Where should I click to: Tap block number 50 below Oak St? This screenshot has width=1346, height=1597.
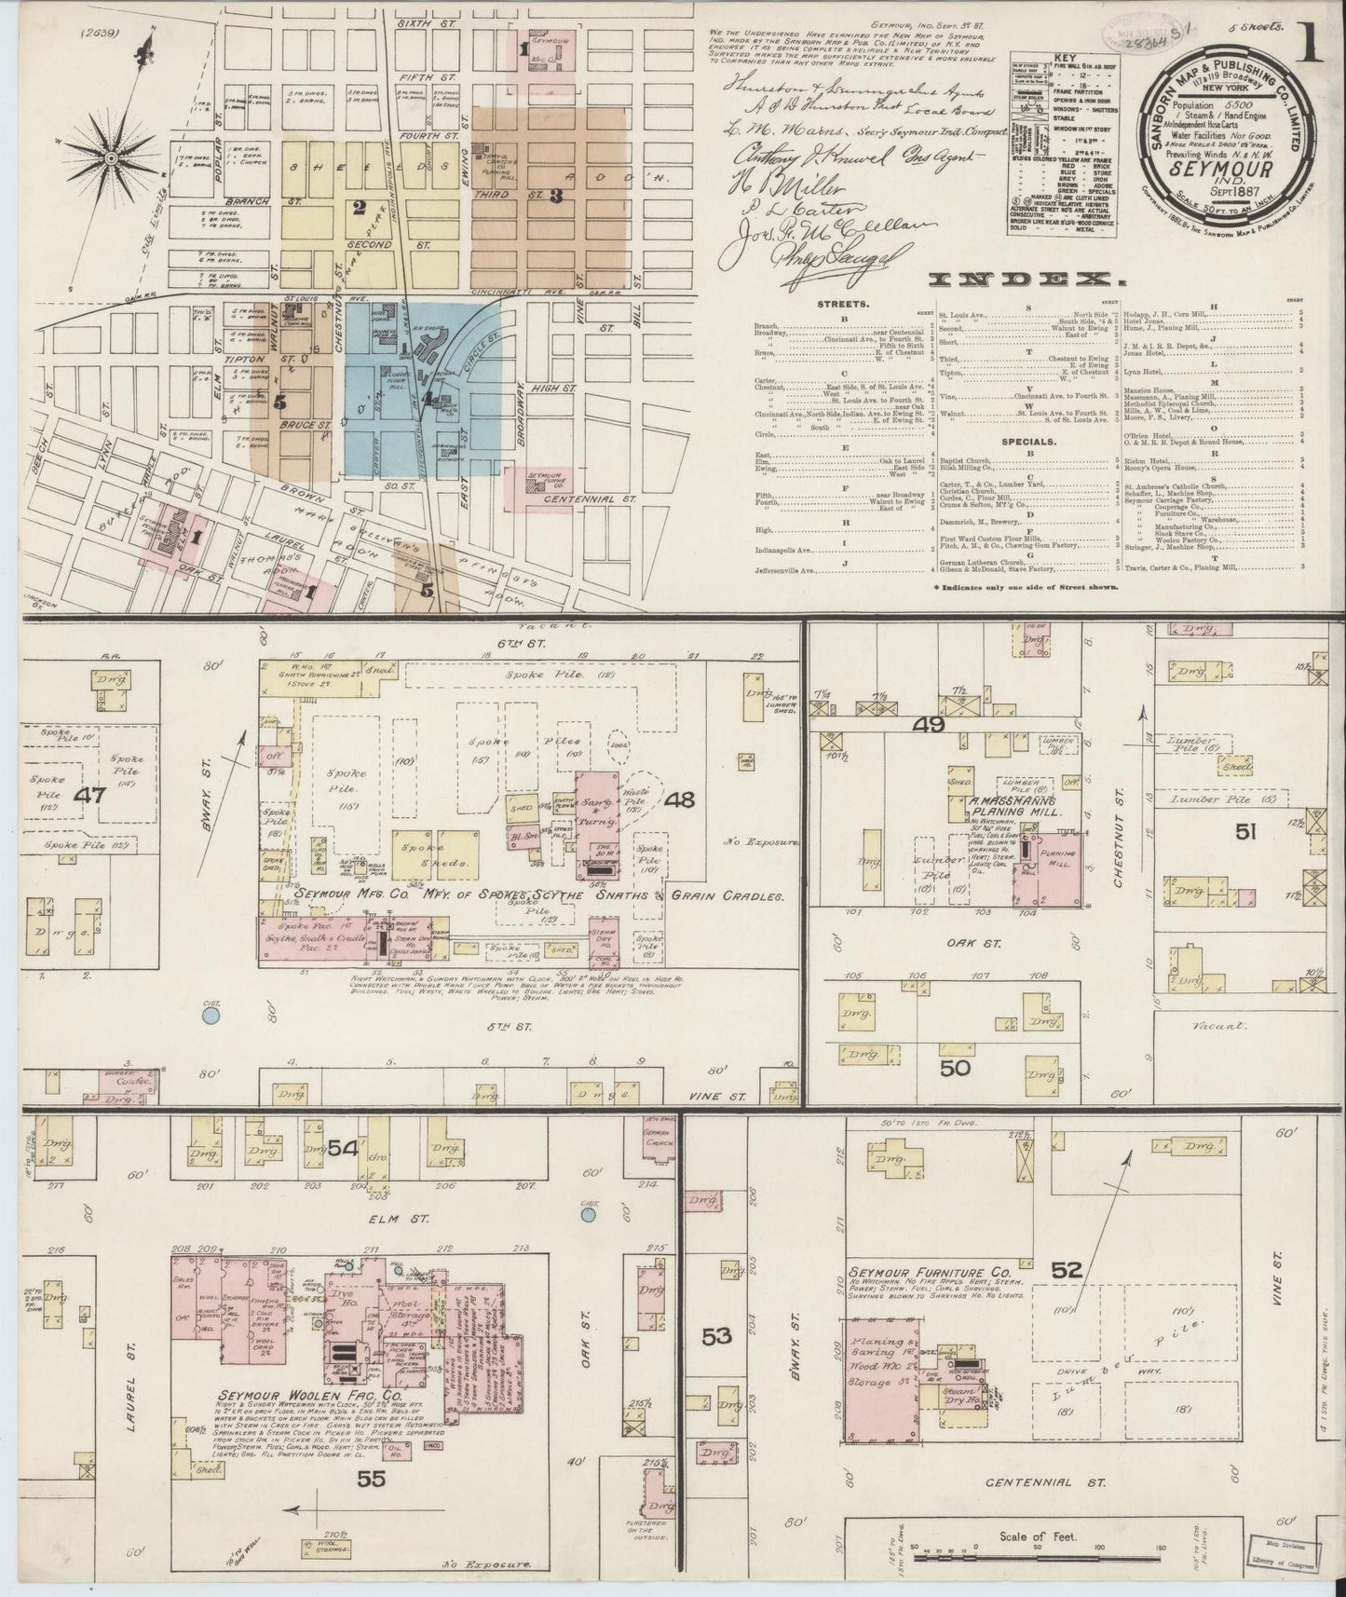click(x=955, y=1068)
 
